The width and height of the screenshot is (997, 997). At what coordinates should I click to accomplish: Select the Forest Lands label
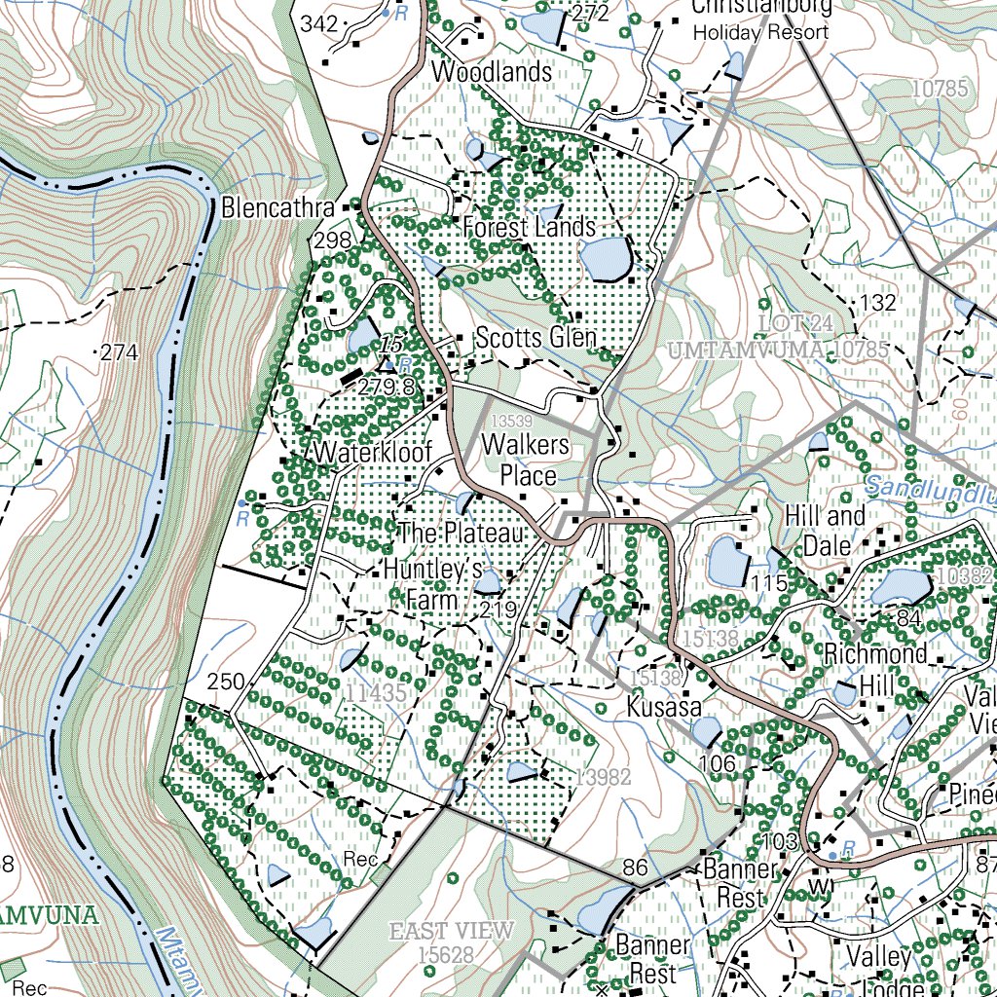(x=529, y=227)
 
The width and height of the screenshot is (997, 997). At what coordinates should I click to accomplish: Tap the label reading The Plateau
(x=462, y=533)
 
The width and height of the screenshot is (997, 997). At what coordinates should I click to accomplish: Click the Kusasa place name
(x=664, y=706)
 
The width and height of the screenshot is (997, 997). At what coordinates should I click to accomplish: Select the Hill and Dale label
(x=825, y=530)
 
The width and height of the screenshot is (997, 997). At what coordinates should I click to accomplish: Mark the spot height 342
(x=319, y=23)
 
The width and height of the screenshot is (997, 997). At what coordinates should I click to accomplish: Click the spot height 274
(x=120, y=352)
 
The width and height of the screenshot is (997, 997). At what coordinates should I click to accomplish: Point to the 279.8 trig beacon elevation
(x=387, y=387)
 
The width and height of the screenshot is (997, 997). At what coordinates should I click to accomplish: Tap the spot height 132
(x=878, y=303)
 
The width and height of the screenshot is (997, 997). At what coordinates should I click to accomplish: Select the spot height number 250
(x=225, y=682)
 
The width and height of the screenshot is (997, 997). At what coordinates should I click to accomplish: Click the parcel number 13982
(x=603, y=776)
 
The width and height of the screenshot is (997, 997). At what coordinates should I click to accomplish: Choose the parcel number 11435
(x=375, y=693)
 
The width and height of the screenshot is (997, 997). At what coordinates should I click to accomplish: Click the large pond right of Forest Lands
(x=607, y=258)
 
